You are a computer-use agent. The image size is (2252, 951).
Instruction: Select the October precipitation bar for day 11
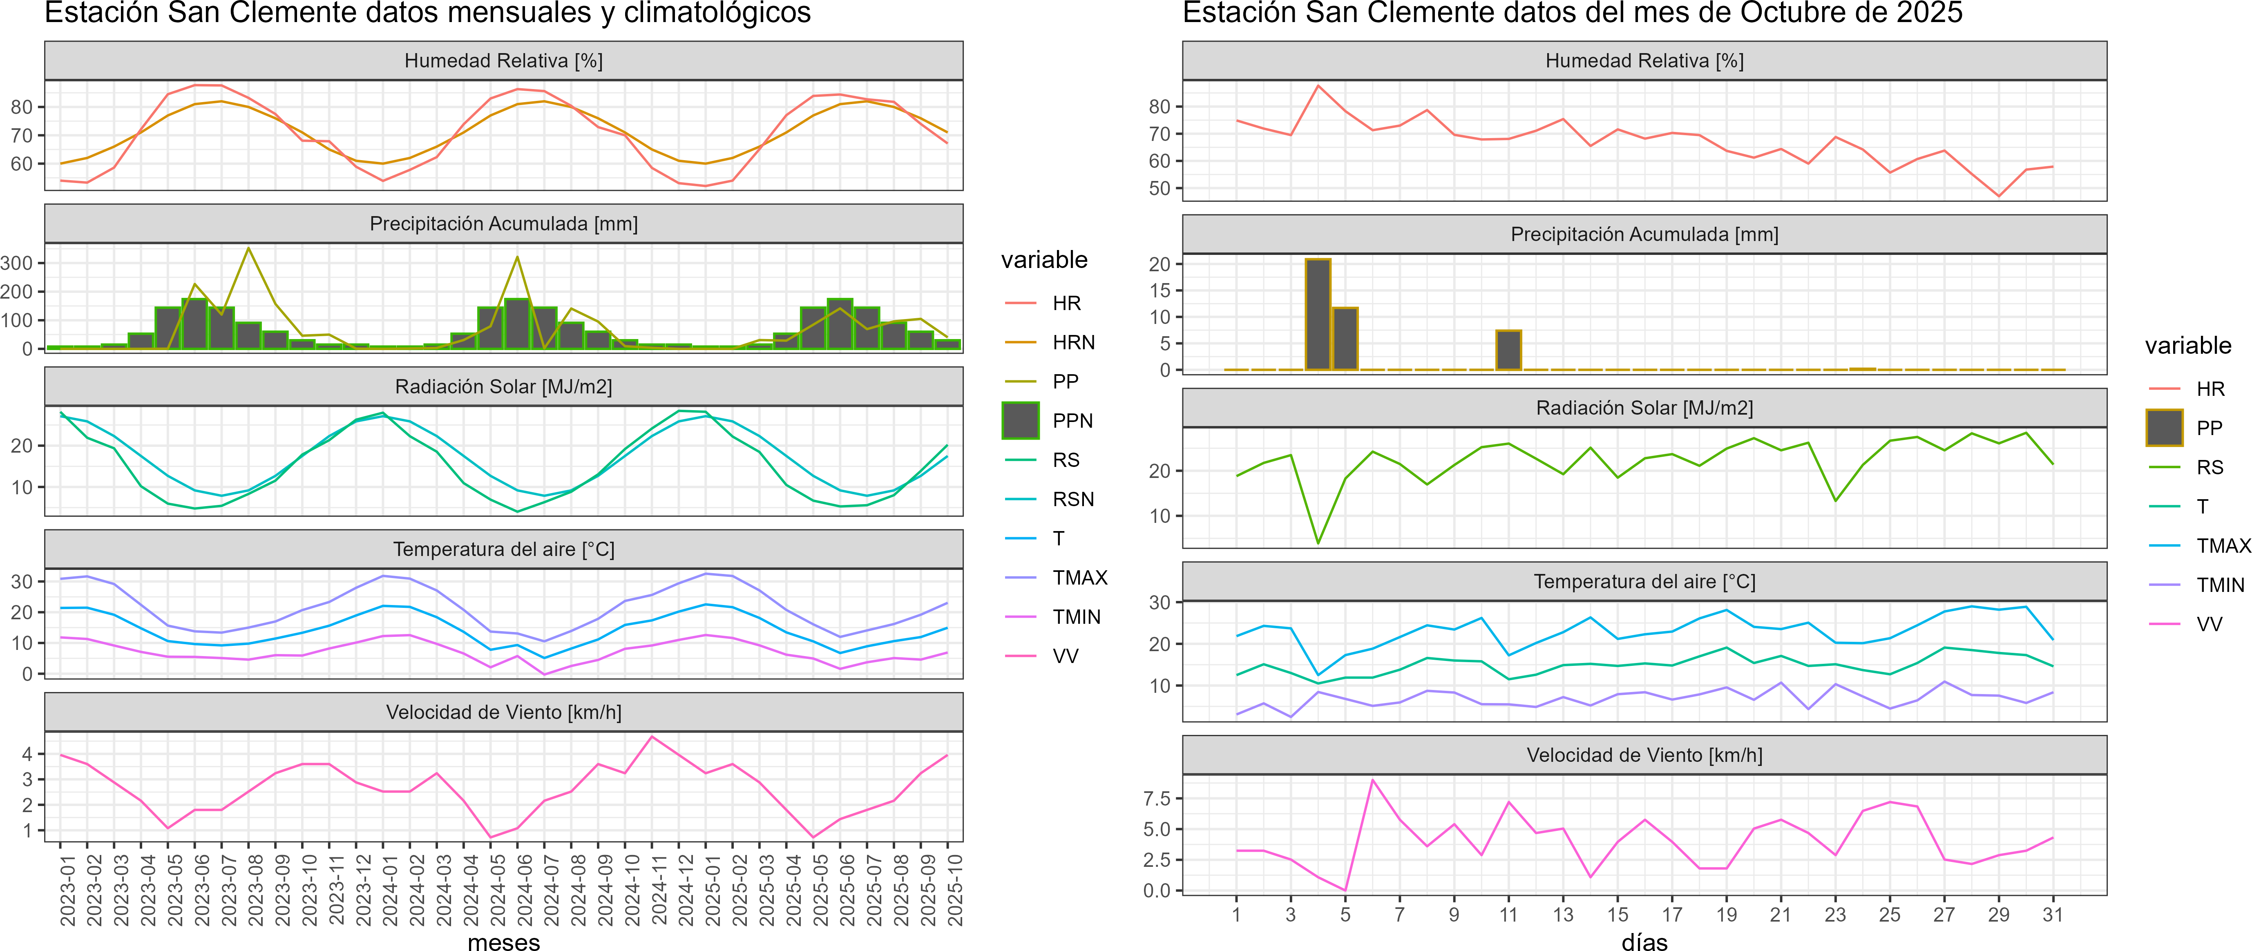[x=1508, y=350]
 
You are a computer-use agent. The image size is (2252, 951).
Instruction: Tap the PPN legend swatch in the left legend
[x=1020, y=420]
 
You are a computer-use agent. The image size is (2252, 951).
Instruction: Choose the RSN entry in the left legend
[x=1072, y=499]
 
